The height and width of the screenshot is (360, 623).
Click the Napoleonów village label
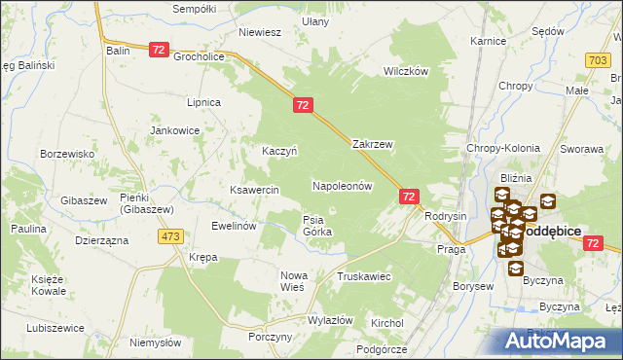pyautogui.click(x=342, y=185)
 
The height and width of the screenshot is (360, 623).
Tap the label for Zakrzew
pyautogui.click(x=372, y=144)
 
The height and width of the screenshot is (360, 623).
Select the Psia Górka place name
pyautogui.click(x=317, y=226)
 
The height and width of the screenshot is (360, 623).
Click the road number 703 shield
pyautogui.click(x=600, y=60)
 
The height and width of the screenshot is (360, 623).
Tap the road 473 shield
pyautogui.click(x=173, y=236)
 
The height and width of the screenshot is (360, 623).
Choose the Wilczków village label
pyautogui.click(x=406, y=72)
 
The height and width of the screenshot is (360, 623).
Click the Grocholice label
pyautogui.click(x=200, y=56)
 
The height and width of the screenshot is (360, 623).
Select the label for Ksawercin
pyautogui.click(x=254, y=190)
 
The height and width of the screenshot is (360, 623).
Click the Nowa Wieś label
pyautogui.click(x=293, y=281)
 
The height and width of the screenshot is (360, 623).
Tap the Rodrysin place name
pyautogui.click(x=447, y=216)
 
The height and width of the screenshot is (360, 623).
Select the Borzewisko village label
pyautogui.click(x=66, y=154)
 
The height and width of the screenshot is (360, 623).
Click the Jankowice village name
pyautogui.click(x=174, y=129)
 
